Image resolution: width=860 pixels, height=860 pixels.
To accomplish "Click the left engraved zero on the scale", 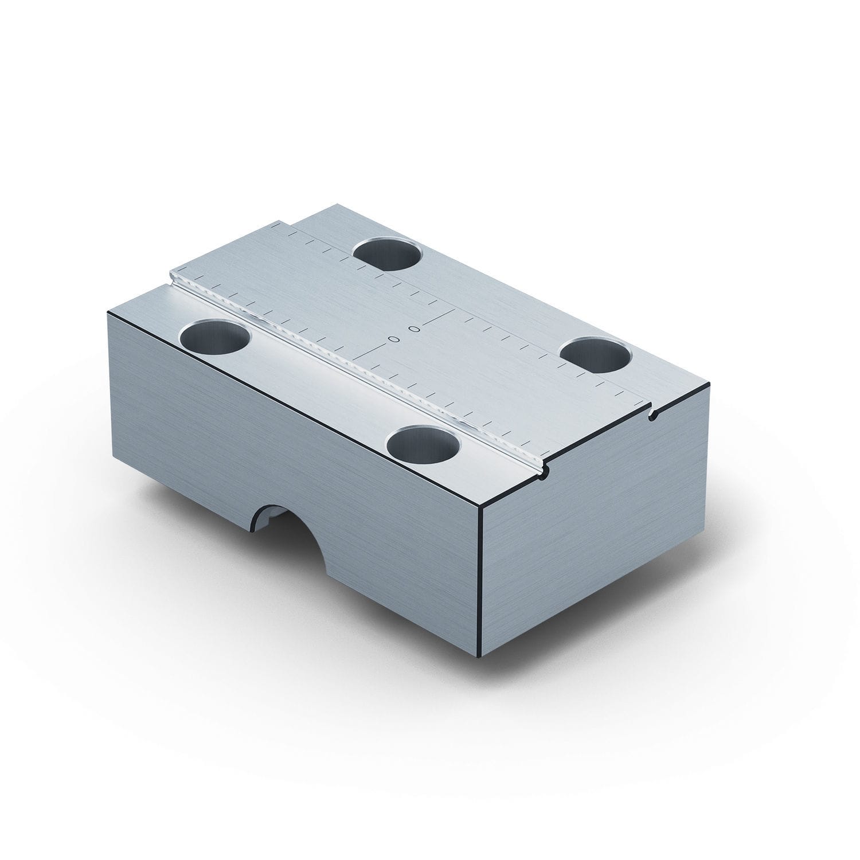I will click(393, 339).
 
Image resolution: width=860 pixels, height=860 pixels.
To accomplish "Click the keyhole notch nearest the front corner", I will click(545, 471).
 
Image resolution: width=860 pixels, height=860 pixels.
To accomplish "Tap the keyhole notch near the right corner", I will click(652, 415).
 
